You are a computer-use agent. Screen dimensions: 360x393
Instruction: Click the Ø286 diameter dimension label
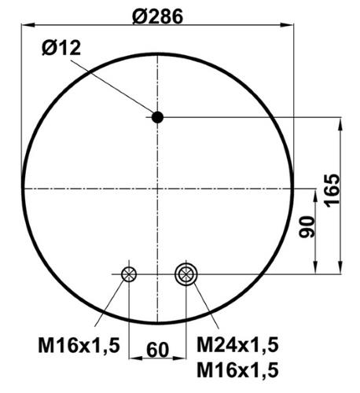click(x=157, y=17)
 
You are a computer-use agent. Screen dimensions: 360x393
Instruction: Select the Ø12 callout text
click(x=61, y=48)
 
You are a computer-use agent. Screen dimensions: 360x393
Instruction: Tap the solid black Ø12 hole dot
click(x=157, y=117)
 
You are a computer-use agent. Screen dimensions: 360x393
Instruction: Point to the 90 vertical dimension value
click(x=307, y=227)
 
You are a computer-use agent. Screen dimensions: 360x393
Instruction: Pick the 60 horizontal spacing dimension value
click(x=158, y=350)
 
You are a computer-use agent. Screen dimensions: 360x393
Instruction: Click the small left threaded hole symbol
click(x=129, y=274)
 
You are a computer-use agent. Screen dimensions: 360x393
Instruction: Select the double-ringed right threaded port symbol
click(x=186, y=274)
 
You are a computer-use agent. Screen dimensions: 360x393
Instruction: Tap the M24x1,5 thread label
click(x=237, y=345)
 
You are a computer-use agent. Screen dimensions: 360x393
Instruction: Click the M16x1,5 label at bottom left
click(x=79, y=345)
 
